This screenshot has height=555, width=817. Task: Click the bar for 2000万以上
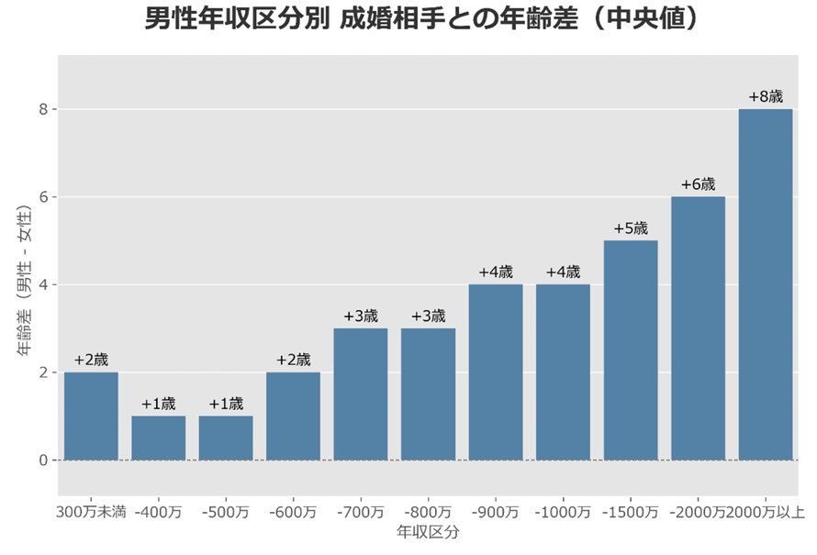coord(765,284)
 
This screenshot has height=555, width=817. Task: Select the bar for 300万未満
coord(91,416)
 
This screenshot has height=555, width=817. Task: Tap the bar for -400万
coord(158,438)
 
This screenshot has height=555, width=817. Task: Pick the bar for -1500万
coord(631,350)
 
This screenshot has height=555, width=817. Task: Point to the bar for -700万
coord(361,394)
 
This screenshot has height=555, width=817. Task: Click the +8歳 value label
coord(766,96)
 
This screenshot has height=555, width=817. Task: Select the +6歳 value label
coord(698,184)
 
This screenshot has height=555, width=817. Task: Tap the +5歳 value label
coord(631,228)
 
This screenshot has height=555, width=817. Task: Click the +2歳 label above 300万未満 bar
coord(91,360)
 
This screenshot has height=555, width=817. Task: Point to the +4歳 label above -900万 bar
coord(496,272)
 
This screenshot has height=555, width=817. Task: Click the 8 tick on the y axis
coord(41,109)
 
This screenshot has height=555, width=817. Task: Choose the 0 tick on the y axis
coord(41,460)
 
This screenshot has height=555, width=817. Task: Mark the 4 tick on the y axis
coord(41,284)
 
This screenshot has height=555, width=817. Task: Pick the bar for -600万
coord(293,416)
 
